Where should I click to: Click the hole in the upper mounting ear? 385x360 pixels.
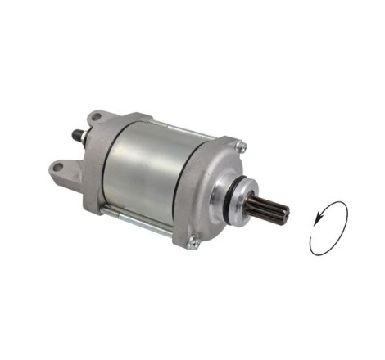pyautogui.click(x=97, y=118)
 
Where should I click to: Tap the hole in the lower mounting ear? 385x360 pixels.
pyautogui.click(x=57, y=168)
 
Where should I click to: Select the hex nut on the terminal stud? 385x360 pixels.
pyautogui.click(x=79, y=137)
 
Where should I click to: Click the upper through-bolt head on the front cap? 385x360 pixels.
pyautogui.click(x=241, y=146)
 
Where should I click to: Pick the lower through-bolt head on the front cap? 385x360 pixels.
pyautogui.click(x=192, y=241)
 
